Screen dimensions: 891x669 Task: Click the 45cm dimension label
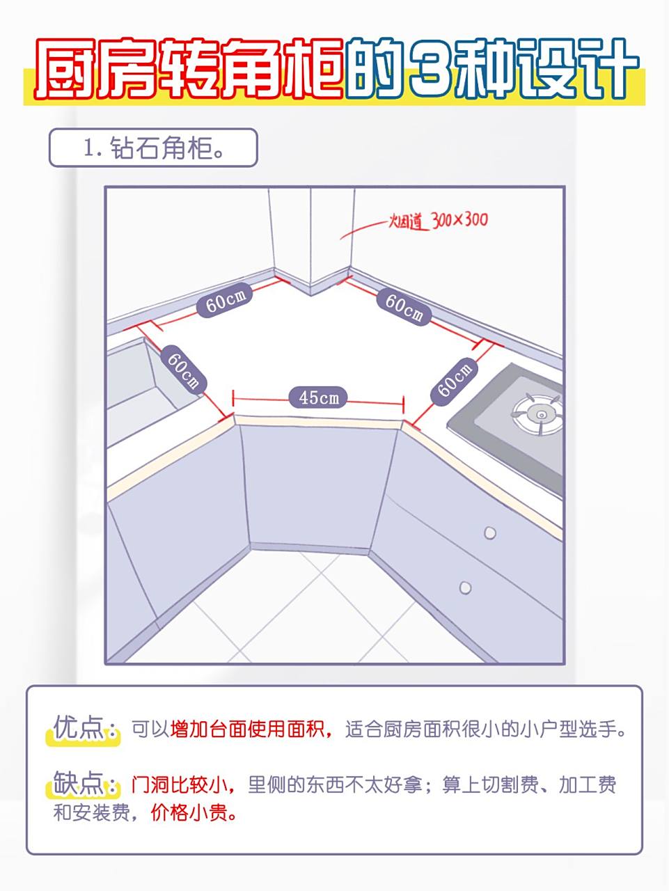click(319, 397)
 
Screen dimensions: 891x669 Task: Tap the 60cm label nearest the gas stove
click(455, 379)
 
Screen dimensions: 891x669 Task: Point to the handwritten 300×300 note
click(459, 220)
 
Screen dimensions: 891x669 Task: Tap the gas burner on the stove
click(538, 413)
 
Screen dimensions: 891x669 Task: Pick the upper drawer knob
click(490, 533)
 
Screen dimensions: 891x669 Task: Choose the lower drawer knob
click(465, 588)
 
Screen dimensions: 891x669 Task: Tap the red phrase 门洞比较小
click(179, 785)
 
